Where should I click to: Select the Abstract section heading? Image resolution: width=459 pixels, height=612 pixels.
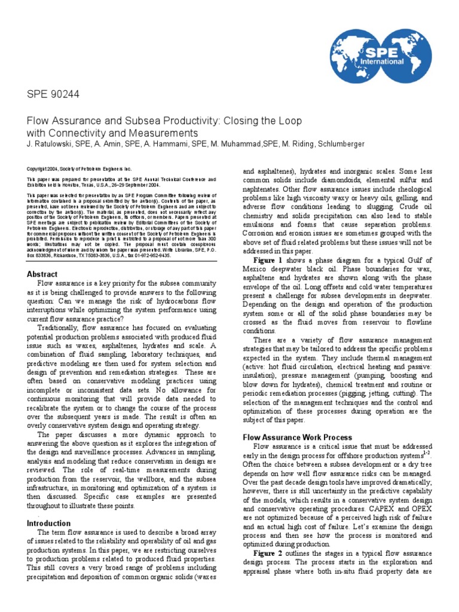click(x=42, y=274)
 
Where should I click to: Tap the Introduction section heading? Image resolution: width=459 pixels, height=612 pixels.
click(x=49, y=523)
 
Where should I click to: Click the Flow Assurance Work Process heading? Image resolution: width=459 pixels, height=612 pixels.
click(x=297, y=437)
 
